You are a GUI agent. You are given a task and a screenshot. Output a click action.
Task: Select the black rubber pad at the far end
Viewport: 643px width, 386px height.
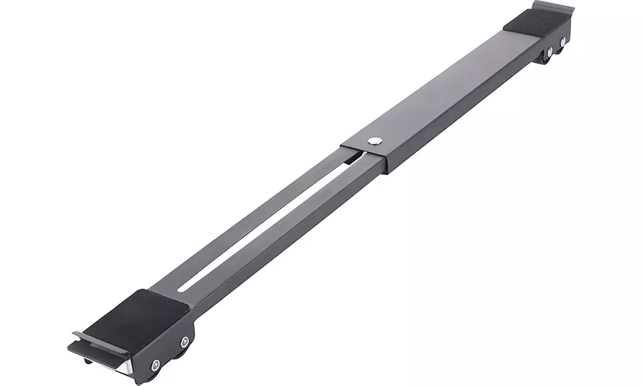[535, 23]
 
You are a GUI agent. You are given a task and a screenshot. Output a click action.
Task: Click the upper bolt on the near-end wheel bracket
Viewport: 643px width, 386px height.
[185, 342]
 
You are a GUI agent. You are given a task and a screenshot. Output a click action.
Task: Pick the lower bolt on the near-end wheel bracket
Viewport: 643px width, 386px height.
[155, 365]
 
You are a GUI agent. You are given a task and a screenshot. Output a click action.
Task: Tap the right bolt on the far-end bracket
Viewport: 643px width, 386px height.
[563, 42]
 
